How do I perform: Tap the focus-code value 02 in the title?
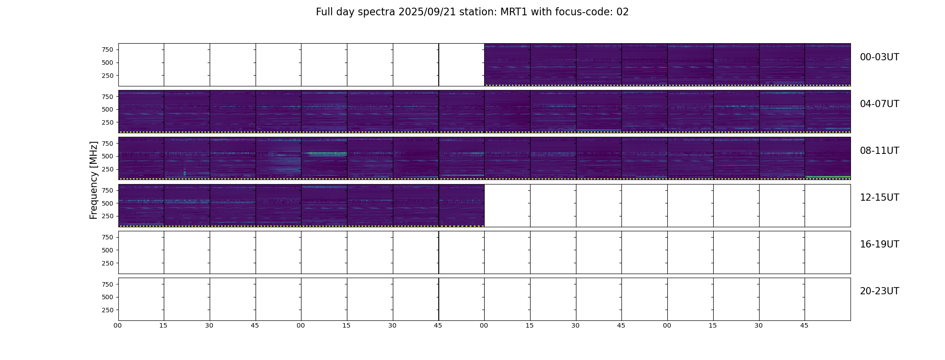[x=622, y=12]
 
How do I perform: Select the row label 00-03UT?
[x=879, y=57]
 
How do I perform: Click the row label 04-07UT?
[x=879, y=104]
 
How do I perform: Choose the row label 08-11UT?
[x=879, y=151]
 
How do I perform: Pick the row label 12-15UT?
[x=879, y=198]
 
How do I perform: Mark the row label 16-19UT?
[x=879, y=244]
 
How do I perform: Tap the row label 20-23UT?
[x=879, y=291]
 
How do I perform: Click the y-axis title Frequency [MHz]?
[x=94, y=180]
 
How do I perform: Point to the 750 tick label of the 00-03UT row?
[x=108, y=49]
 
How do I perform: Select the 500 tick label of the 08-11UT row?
[x=108, y=156]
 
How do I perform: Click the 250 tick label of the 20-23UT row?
[x=108, y=310]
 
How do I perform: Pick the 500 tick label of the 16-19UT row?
[x=108, y=250]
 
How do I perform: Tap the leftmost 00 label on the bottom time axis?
[x=118, y=325]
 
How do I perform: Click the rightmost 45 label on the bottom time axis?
[x=804, y=325]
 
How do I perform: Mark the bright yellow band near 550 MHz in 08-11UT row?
[x=327, y=153]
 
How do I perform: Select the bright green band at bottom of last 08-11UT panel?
[x=828, y=177]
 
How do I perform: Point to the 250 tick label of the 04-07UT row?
[x=108, y=122]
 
